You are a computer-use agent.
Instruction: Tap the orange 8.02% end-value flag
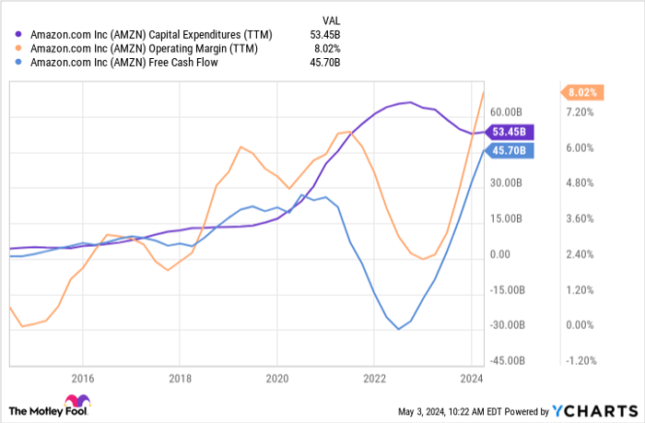tap(581, 92)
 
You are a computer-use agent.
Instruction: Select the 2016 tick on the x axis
tap(82, 377)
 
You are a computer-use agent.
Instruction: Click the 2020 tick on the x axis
tap(276, 377)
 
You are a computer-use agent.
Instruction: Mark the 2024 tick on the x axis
tap(471, 377)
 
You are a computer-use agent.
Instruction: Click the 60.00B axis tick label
tap(508, 112)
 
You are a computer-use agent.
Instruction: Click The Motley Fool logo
tap(48, 407)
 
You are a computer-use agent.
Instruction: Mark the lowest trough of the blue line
tap(398, 329)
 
